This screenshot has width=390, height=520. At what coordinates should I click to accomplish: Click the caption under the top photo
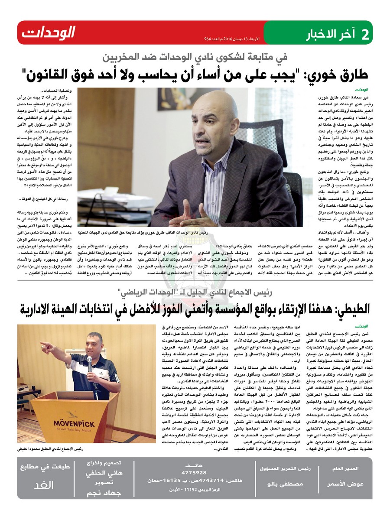pos(143,233)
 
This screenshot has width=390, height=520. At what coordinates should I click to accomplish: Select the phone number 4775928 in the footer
pos(194,472)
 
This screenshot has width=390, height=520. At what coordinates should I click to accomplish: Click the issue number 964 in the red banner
pos(209,39)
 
